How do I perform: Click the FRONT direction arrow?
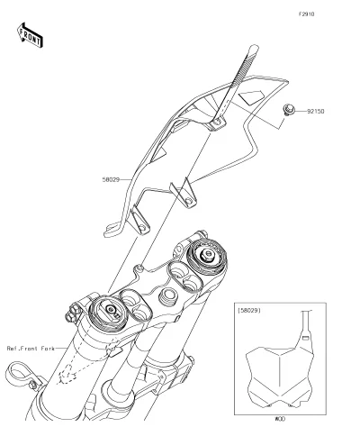click(30, 35)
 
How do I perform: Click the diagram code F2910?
click(306, 14)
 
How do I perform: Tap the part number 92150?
click(316, 112)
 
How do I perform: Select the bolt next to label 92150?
click(289, 110)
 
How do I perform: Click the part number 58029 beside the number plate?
click(111, 180)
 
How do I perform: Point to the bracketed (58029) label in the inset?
click(249, 310)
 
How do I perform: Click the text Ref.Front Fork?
click(31, 349)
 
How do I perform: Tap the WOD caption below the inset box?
click(280, 419)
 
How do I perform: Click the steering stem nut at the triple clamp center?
click(168, 295)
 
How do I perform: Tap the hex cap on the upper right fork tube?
click(207, 255)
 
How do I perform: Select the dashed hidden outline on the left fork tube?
click(67, 375)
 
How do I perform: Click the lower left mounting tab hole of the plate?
click(142, 228)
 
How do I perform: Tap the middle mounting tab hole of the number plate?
click(188, 201)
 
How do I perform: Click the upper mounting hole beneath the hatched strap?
click(218, 122)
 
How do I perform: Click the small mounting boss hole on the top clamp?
click(139, 268)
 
